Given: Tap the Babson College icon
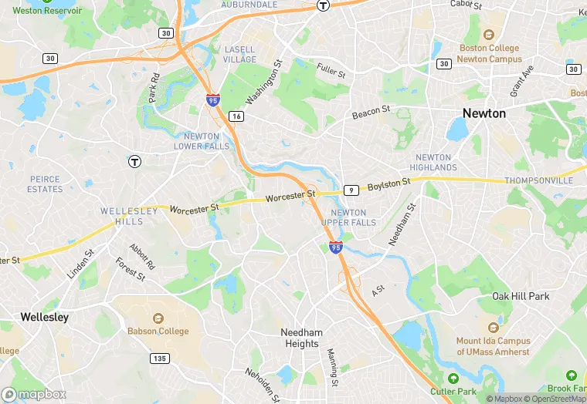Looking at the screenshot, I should coord(158,318).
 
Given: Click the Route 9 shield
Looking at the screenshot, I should coord(351,190).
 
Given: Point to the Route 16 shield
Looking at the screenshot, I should coord(236,116).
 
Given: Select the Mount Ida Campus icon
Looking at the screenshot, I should coord(493,328).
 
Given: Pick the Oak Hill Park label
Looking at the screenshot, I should coord(521,296).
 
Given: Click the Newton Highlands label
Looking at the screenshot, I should coord(433,162).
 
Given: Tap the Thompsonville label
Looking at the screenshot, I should coord(538,180).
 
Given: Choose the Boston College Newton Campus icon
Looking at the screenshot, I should coord(488,35).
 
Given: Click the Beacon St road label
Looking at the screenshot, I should coord(372,113).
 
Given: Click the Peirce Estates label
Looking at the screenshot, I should coord(45,183).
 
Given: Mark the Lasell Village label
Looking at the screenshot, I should coord(240,54).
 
